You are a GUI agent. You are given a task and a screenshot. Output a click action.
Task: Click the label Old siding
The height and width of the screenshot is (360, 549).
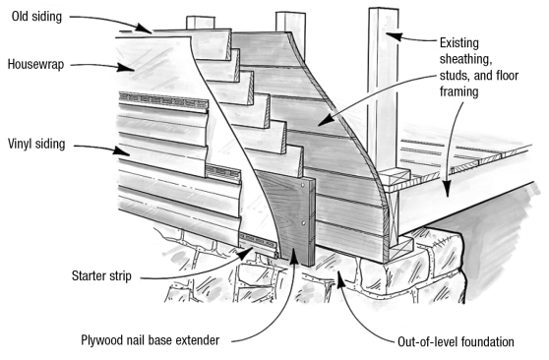[x=36, y=17]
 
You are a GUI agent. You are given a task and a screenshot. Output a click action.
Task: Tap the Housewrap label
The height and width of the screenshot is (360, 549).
[x=36, y=65]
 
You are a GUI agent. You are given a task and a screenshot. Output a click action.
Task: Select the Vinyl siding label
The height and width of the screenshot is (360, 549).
[x=36, y=144]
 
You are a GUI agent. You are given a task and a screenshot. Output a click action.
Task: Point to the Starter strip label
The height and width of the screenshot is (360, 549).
[x=101, y=276]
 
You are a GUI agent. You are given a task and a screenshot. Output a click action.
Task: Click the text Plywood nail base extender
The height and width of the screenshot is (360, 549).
[x=151, y=340]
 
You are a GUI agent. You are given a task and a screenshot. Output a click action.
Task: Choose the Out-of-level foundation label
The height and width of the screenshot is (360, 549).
[x=456, y=341]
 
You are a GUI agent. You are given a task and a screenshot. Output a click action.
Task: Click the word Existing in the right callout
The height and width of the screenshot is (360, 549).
[x=459, y=43]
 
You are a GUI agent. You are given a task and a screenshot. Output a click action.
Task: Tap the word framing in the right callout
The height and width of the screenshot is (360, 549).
[x=459, y=91]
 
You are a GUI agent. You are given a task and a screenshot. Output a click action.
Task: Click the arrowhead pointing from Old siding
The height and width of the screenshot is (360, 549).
[x=145, y=29]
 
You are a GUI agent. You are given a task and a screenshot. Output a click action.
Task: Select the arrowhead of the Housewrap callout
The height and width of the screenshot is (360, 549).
[x=125, y=67]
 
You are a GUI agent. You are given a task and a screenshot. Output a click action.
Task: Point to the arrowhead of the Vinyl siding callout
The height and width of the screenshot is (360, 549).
[x=121, y=150]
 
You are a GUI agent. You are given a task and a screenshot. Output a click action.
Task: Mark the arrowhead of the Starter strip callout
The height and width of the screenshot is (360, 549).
[x=247, y=253]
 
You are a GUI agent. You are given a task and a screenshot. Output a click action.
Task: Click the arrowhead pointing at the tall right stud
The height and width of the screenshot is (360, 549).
[x=394, y=35]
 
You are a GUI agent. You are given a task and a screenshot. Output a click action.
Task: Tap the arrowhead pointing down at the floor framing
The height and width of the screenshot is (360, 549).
[x=447, y=189]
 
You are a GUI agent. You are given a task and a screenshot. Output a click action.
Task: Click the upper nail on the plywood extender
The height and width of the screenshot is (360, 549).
[x=302, y=185]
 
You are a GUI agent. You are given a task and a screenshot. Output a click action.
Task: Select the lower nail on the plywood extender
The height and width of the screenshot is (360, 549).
[x=303, y=222]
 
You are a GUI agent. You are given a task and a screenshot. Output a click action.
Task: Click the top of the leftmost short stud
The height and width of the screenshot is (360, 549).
[x=201, y=17]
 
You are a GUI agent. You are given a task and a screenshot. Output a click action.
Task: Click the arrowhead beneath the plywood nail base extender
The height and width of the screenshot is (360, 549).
[x=293, y=258]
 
